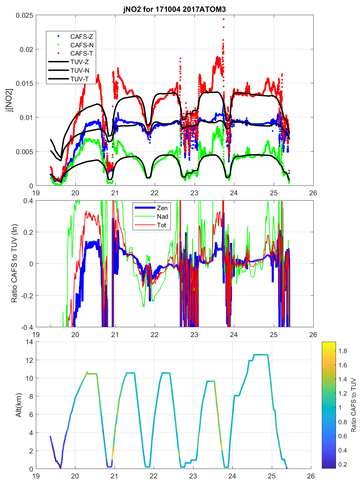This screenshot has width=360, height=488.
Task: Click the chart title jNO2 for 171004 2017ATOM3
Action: click(x=174, y=9)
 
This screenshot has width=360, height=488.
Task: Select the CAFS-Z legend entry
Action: click(x=82, y=37)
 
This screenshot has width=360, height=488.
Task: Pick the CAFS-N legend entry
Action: click(x=82, y=45)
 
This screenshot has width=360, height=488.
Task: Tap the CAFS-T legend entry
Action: click(x=82, y=53)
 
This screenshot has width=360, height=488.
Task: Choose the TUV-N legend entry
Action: click(x=80, y=70)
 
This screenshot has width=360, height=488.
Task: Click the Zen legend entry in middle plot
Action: click(x=162, y=208)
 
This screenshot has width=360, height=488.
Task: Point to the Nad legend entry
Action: click(x=162, y=216)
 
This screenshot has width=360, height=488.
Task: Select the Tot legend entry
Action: click(x=161, y=225)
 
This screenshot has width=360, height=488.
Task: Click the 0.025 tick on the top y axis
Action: click(x=24, y=15)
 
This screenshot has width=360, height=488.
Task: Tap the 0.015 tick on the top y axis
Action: click(x=24, y=84)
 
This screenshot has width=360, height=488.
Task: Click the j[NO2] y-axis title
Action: click(x=10, y=100)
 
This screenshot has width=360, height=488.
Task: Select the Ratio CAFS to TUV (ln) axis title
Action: click(x=14, y=263)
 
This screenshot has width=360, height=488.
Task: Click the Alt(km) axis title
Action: click(x=18, y=405)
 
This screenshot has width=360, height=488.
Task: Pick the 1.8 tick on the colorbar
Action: click(x=343, y=351)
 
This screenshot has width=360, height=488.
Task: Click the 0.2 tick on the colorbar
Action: click(x=343, y=464)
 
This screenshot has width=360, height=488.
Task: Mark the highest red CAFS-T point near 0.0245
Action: click(x=223, y=19)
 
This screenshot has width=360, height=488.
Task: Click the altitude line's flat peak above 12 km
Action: click(x=260, y=354)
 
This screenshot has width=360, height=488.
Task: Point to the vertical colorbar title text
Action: click(x=353, y=405)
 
